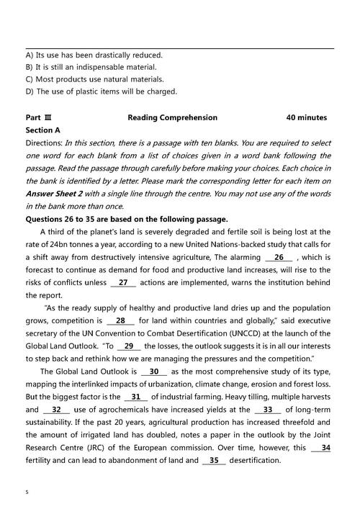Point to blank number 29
[x=128, y=346]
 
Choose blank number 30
[x=153, y=371]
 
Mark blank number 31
[x=135, y=397]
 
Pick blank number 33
[x=267, y=410]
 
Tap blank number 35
[x=214, y=460]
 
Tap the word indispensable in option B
[x=114, y=67]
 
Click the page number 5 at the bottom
[x=27, y=492]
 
